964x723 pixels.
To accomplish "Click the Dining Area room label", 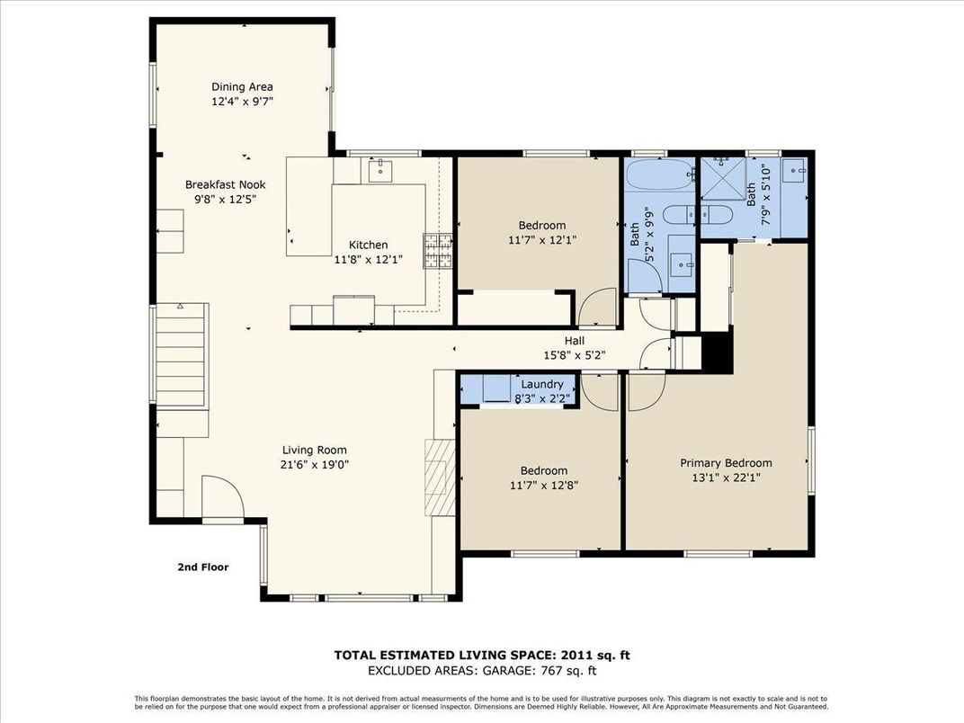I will point(242,87).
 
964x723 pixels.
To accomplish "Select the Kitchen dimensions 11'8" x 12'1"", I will point(368,259).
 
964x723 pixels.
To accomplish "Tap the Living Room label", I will point(314,451).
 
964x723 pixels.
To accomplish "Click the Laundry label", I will point(541,384).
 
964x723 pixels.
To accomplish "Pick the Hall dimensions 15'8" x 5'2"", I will point(574,354).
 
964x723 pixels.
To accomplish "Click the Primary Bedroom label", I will point(725,463).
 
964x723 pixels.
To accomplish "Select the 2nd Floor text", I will point(202,567).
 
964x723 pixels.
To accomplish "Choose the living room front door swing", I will point(220,497).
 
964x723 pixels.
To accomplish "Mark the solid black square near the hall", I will point(717,351).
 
